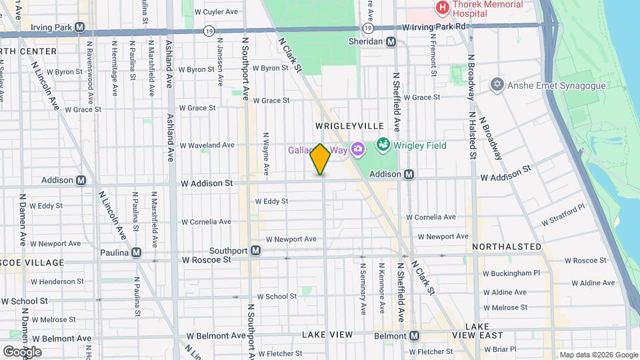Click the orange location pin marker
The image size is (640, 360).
coord(320,159)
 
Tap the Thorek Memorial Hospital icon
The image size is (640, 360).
coord(441,8)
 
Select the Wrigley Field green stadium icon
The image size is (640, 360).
coord(383,145)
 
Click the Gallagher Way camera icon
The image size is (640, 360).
coord(357,148)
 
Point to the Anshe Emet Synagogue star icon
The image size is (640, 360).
coord(496,85)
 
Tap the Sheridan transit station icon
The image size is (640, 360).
coord(391,41)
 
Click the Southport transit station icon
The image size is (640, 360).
coord(255,251)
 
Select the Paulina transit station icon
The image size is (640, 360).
coord(137,252)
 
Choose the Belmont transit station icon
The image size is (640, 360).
coord(414,335)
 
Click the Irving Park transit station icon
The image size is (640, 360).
coord(80,27)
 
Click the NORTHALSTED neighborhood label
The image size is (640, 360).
coord(507,247)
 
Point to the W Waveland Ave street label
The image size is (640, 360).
coord(207,145)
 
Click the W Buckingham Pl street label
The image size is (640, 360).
coord(511,273)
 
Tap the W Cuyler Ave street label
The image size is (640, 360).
coord(215,12)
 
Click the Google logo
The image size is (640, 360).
coord(22,351)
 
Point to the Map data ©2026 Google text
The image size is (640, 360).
coord(597,355)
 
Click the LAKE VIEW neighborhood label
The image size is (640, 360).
coord(327,334)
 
